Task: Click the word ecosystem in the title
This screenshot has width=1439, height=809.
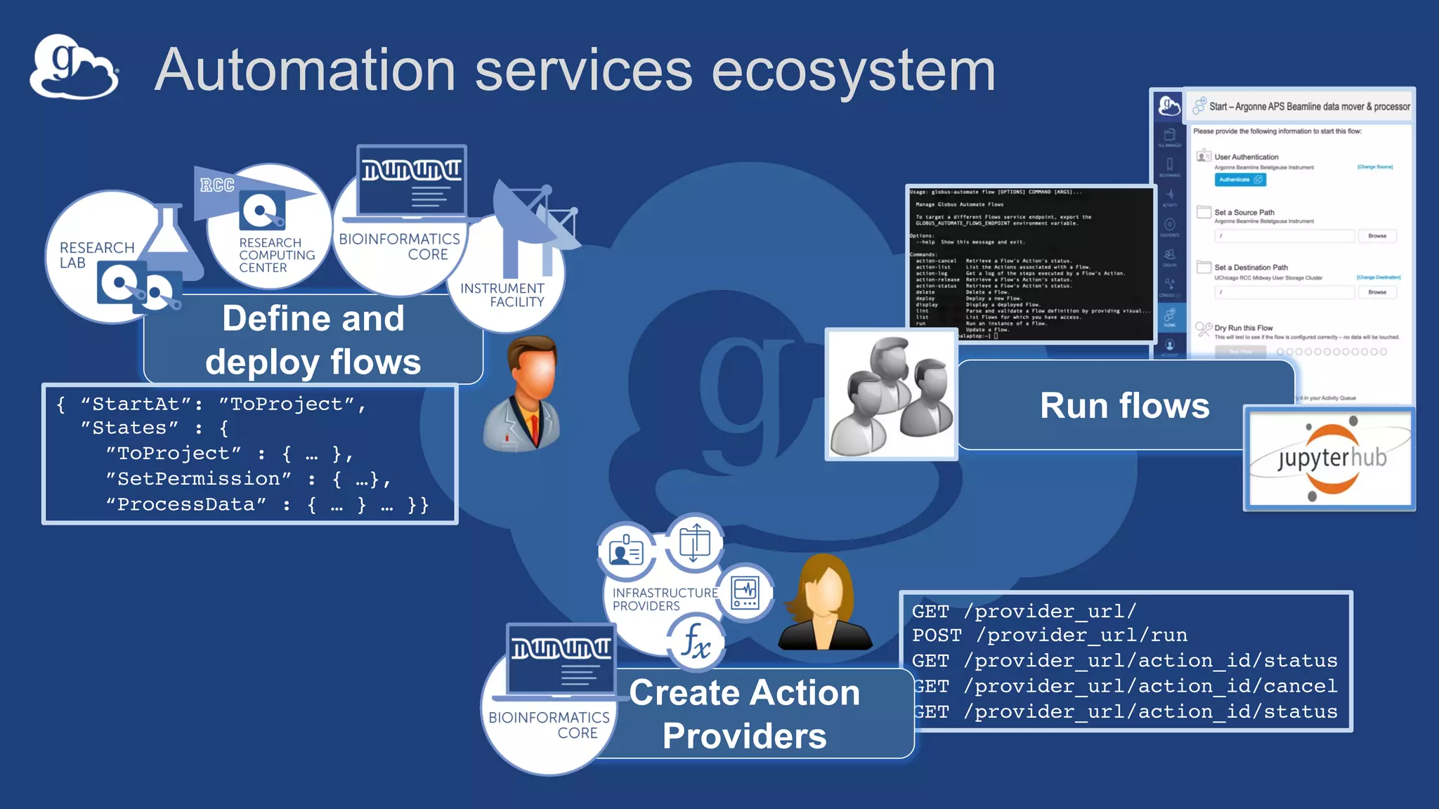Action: pyautogui.click(x=853, y=70)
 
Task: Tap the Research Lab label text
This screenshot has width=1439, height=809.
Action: pyautogui.click(x=96, y=255)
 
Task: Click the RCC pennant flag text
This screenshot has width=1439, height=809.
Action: pyautogui.click(x=217, y=185)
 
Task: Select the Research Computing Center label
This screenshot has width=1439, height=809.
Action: pyautogui.click(x=276, y=255)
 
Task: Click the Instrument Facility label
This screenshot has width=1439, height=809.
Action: pyautogui.click(x=502, y=295)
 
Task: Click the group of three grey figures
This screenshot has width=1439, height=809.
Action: pyautogui.click(x=891, y=395)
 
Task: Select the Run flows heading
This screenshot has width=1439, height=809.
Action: pyautogui.click(x=1124, y=406)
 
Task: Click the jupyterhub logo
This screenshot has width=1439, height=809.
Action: pyautogui.click(x=1330, y=459)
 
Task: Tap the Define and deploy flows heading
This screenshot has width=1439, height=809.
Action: pyautogui.click(x=313, y=340)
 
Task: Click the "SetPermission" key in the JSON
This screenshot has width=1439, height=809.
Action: pyautogui.click(x=199, y=479)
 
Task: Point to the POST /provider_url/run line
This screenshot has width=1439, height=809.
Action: pyautogui.click(x=1049, y=636)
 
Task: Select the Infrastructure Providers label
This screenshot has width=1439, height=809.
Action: pyautogui.click(x=664, y=599)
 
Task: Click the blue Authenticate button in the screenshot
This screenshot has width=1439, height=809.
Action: pyautogui.click(x=1239, y=180)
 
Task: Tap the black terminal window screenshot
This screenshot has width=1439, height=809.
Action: pyautogui.click(x=1031, y=263)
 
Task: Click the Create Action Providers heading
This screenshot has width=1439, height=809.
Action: pyautogui.click(x=744, y=714)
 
